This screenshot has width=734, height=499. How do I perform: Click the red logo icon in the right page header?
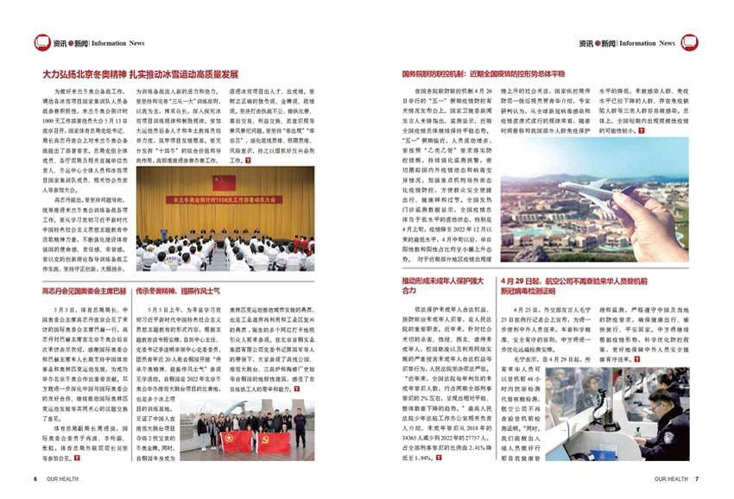click(x=689, y=42)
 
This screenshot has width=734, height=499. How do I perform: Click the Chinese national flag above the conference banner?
click(x=224, y=182)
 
